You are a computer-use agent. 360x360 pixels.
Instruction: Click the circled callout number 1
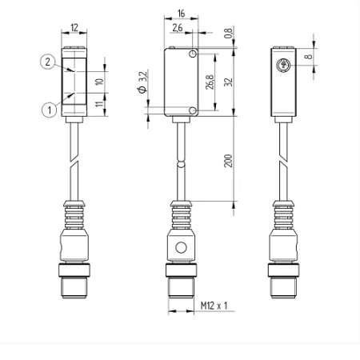pos(50,110)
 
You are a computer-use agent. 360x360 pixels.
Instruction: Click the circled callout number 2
pos(48,62)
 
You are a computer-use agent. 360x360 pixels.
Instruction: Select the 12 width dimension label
pos(74,27)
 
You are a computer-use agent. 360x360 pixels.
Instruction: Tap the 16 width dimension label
pos(181,14)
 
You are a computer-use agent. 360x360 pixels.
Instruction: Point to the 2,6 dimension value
pos(178,28)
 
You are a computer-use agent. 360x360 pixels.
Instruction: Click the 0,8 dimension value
pos(228,33)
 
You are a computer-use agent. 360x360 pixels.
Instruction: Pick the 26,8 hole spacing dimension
pos(210,82)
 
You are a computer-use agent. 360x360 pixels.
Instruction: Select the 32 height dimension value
pos(228,82)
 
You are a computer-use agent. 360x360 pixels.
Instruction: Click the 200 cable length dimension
pos(228,161)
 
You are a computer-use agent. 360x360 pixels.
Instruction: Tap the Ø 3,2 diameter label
pos(142,82)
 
